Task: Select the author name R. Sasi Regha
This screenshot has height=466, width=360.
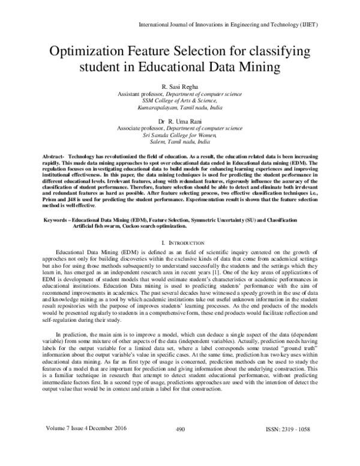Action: [180, 87]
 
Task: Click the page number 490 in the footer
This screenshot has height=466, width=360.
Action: [179, 446]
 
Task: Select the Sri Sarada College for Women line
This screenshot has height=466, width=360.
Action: [180, 136]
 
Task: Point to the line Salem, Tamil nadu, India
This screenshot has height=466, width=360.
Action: [180, 144]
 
